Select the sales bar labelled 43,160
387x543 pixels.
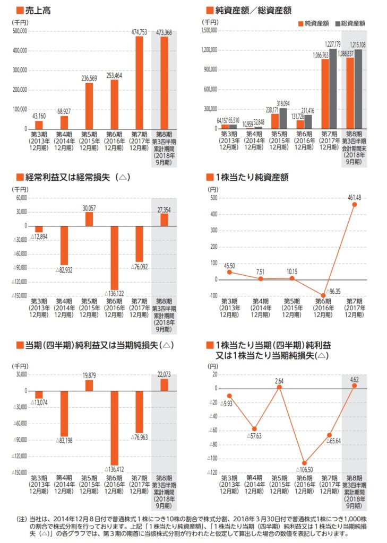click(39, 125)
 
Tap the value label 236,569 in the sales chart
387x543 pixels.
click(89, 78)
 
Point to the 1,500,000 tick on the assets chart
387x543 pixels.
click(209, 31)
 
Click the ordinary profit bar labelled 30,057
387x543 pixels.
click(89, 218)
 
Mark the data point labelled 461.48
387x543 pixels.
click(354, 205)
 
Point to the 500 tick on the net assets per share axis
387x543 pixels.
click(215, 198)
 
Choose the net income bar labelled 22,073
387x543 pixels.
click(164, 384)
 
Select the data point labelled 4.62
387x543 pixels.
click(354, 386)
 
